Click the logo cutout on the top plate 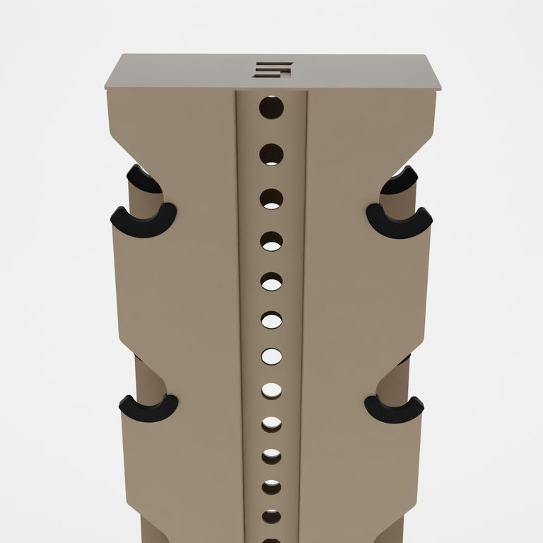tap(273, 69)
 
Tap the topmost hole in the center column tap(271, 107)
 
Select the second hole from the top tap(271, 154)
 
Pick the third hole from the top tap(271, 199)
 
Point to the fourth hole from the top tap(271, 242)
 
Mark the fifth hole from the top tap(271, 282)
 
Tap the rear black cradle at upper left tap(141, 180)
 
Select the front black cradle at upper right tap(399, 223)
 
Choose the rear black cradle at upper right tap(401, 181)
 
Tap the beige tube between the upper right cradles tap(399, 203)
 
